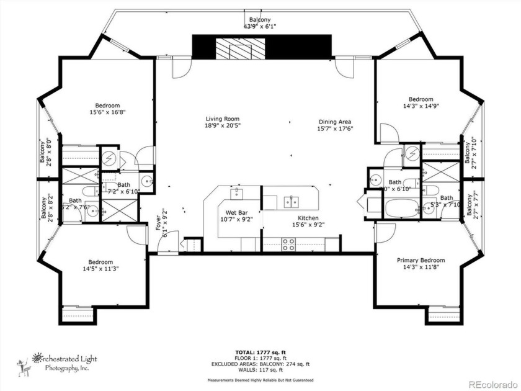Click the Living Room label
[223, 119]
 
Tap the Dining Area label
[336, 122]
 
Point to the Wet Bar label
[236, 212]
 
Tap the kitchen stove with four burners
[289, 246]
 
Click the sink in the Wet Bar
[236, 193]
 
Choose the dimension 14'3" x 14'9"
[421, 106]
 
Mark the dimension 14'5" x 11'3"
[100, 269]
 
